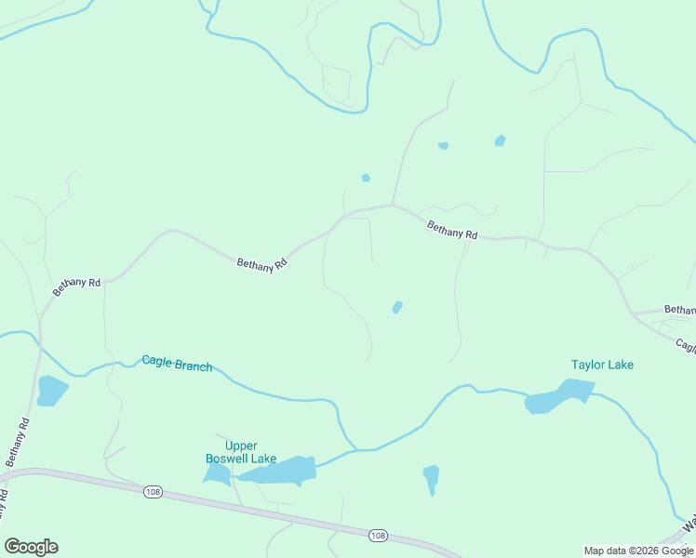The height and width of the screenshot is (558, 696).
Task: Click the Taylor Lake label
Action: [602, 365]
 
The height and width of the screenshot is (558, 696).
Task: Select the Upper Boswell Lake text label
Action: [228, 452]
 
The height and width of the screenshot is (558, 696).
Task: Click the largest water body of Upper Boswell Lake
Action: [279, 471]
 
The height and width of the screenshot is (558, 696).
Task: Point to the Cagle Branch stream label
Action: [177, 363]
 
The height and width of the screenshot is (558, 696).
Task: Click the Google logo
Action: [32, 547]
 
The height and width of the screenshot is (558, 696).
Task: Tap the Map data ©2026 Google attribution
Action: [639, 551]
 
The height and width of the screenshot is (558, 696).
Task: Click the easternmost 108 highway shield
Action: [377, 536]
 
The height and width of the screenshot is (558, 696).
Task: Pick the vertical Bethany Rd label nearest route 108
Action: [19, 443]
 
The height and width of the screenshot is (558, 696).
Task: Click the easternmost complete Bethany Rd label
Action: [452, 230]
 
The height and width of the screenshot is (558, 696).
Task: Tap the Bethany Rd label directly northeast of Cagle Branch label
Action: [261, 264]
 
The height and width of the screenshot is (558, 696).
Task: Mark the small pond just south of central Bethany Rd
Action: [397, 307]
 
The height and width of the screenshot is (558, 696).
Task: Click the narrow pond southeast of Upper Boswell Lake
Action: [431, 479]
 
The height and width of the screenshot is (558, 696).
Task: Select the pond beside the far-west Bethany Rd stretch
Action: [51, 391]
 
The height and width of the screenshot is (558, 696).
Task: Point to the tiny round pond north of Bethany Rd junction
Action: [366, 178]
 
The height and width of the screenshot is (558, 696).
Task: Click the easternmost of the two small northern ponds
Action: [501, 140]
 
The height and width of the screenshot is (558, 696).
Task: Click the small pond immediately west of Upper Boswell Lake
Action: [216, 474]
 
